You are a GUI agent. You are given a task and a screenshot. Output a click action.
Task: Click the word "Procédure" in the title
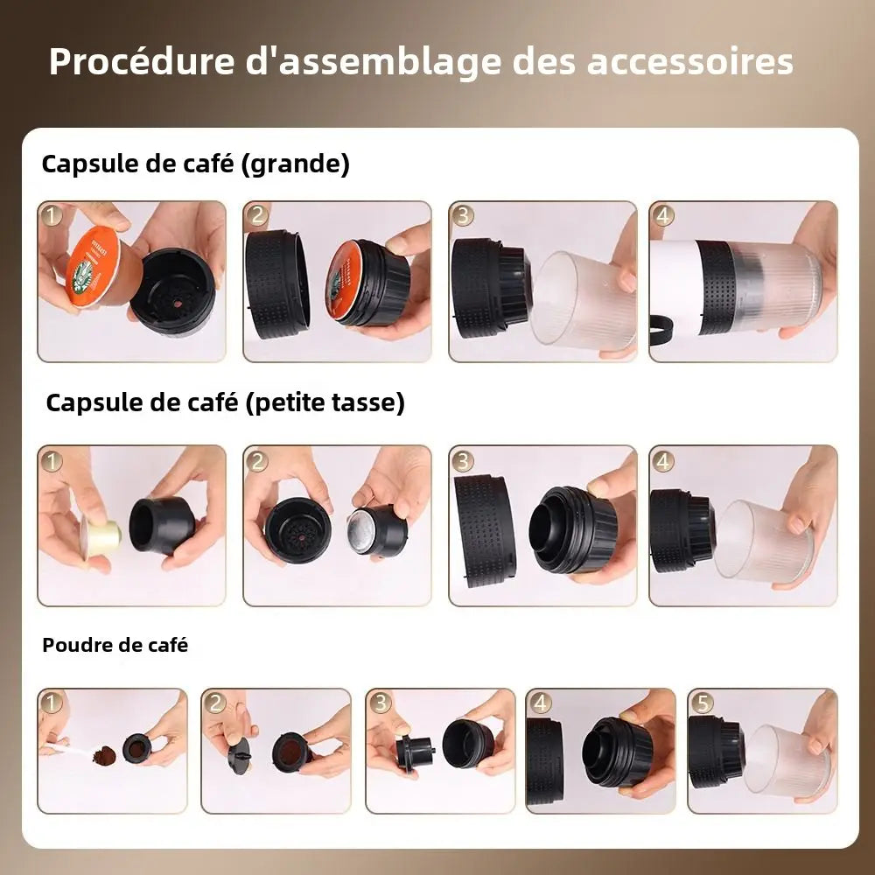click(142, 61)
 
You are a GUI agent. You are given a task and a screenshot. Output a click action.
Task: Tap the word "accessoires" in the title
click(689, 61)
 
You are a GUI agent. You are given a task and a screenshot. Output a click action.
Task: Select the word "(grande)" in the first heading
click(296, 164)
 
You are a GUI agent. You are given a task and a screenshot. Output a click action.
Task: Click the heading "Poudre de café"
click(115, 645)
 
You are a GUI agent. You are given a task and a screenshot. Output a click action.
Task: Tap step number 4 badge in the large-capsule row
click(662, 215)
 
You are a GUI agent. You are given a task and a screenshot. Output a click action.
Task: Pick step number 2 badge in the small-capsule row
click(256, 461)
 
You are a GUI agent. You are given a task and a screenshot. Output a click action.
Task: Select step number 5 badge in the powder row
click(702, 703)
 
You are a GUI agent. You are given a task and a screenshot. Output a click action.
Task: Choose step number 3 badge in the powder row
click(380, 703)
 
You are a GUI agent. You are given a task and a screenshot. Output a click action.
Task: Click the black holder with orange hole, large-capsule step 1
click(173, 288)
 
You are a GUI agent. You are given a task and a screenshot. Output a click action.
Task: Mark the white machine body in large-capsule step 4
click(674, 287)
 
